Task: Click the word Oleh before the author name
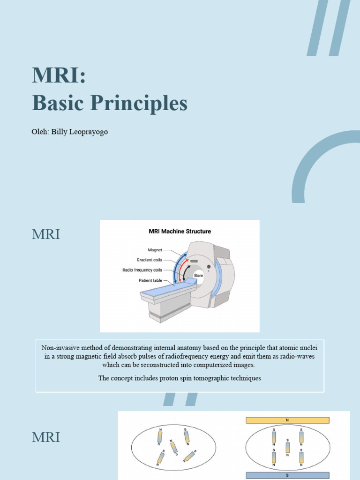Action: point(39,132)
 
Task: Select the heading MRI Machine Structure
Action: point(180,231)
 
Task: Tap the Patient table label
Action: point(150,280)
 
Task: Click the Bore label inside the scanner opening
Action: point(199,276)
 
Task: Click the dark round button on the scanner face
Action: point(208,267)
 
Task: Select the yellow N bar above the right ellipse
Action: point(287,420)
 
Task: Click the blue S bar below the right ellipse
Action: point(287,475)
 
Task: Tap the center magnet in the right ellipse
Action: point(287,447)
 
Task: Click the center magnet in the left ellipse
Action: point(174,447)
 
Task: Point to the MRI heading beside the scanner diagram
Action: point(46,234)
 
